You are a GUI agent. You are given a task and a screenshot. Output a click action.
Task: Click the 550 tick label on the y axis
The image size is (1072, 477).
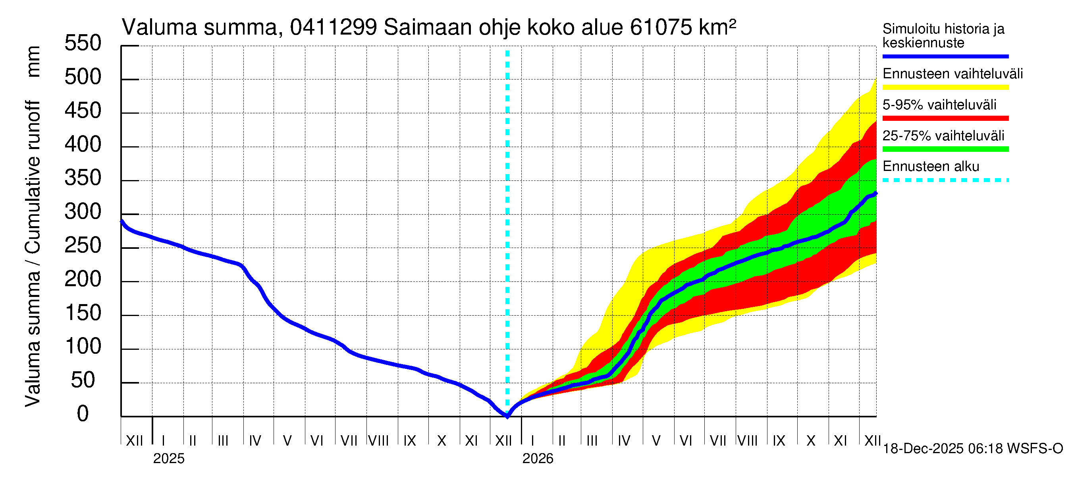(83, 43)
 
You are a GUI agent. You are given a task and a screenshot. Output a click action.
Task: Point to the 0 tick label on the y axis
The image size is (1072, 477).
(83, 414)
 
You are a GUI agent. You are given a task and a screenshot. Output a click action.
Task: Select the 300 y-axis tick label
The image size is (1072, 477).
(83, 212)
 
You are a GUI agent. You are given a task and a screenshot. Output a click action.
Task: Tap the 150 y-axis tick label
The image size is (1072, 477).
(83, 313)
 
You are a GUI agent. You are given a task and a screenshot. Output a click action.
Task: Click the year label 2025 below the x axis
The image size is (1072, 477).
(168, 459)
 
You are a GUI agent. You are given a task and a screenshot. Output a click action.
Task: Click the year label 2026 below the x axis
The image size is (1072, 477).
(538, 459)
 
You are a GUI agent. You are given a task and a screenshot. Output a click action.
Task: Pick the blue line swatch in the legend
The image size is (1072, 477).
(945, 56)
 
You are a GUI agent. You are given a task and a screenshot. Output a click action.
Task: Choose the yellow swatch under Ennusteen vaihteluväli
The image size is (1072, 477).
(945, 87)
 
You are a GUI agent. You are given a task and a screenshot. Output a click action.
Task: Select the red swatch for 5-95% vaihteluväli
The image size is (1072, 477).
(945, 118)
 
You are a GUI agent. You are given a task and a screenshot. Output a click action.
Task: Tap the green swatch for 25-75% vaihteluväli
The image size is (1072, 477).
(945, 149)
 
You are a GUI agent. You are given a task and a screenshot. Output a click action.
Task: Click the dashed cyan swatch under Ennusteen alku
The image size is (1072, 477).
(945, 180)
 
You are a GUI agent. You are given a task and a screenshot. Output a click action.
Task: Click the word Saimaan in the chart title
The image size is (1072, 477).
(428, 28)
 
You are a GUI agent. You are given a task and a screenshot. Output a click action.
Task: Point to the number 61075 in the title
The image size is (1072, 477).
(661, 28)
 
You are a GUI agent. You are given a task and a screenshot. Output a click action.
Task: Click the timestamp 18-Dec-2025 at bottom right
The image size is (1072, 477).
(923, 449)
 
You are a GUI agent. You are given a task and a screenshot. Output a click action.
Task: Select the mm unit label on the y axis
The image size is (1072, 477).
(33, 62)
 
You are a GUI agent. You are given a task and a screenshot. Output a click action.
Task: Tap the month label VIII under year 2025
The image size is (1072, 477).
(379, 441)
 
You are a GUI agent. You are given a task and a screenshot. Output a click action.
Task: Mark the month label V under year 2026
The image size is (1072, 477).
(656, 441)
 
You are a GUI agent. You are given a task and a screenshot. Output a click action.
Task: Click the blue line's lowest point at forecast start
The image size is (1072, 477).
(507, 416)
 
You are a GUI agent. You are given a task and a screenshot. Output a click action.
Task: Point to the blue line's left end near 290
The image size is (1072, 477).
(122, 222)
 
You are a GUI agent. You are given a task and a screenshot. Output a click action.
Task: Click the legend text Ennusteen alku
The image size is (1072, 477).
(931, 167)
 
